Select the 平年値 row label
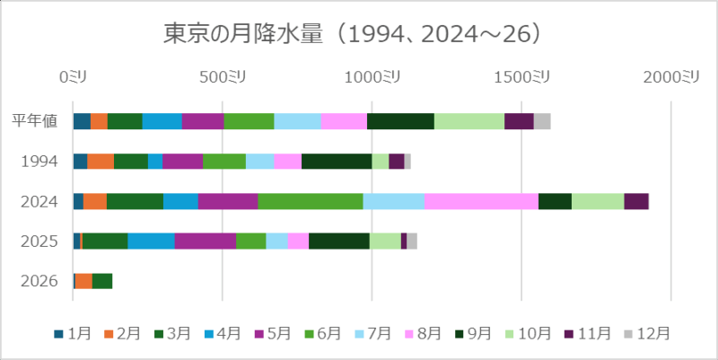tap(35, 121)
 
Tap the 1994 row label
tap(41, 162)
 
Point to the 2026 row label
tap(41, 281)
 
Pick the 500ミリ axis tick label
tap(223, 78)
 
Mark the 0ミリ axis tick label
tap(74, 78)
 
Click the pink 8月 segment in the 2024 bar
tap(481, 201)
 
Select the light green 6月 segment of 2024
tap(311, 201)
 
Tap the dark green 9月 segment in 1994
tap(337, 162)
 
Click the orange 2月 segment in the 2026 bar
tap(83, 281)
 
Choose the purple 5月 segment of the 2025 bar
tap(206, 241)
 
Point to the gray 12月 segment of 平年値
tap(542, 121)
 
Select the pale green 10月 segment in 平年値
tap(469, 121)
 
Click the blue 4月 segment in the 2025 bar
tap(151, 241)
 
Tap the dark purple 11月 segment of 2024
tap(636, 201)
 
